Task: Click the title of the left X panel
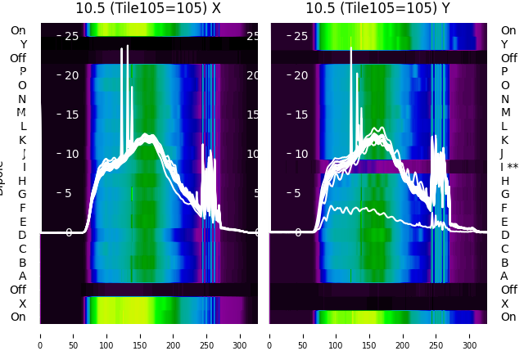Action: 149,8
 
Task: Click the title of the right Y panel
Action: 379,8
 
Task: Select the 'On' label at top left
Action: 18,30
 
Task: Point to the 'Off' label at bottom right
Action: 509,290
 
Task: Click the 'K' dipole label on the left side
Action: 23,140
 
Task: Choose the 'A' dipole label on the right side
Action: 504,276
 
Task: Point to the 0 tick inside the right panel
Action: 298,232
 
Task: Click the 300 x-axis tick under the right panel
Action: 470,335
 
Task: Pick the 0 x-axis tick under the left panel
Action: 40,335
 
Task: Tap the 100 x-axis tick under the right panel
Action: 337,335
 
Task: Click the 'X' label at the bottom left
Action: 23,304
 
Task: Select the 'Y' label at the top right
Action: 504,44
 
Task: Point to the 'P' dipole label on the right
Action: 504,71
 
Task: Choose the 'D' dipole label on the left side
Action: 23,235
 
